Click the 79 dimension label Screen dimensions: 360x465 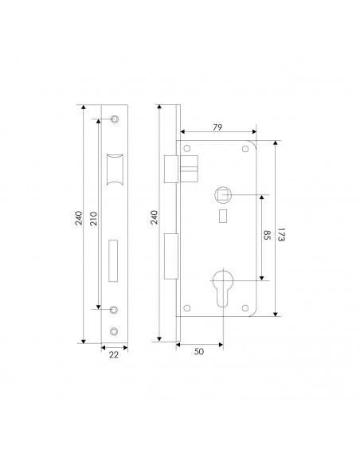coord(217,127)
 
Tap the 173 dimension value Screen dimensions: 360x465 coord(281,235)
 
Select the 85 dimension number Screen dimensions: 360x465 coord(267,235)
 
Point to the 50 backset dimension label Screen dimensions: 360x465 coord(199,351)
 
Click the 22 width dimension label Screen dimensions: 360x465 coord(114,354)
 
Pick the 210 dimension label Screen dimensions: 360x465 coord(93,218)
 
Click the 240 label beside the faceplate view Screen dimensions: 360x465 coord(78,218)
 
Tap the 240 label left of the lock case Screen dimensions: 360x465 coord(155,217)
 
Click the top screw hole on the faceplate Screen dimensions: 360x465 coord(114,119)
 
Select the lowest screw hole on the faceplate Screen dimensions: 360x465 coord(114,331)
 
